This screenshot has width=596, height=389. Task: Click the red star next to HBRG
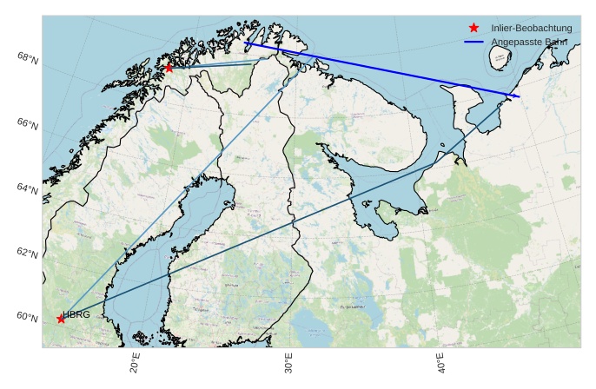pyautogui.click(x=61, y=319)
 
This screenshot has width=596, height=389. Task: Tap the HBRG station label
pyautogui.click(x=76, y=314)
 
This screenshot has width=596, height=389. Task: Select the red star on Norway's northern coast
pyautogui.click(x=169, y=68)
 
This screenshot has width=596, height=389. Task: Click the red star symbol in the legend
pyautogui.click(x=473, y=28)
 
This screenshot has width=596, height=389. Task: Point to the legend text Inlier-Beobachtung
pyautogui.click(x=531, y=28)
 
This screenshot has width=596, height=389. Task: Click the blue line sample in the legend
pyautogui.click(x=473, y=41)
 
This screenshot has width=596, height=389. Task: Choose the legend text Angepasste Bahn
pyautogui.click(x=529, y=41)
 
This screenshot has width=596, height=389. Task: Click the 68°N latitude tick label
pyautogui.click(x=27, y=58)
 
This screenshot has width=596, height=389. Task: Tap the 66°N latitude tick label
pyautogui.click(x=27, y=125)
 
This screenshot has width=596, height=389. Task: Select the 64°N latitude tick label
pyautogui.click(x=27, y=188)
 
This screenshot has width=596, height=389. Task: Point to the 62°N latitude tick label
pyautogui.click(x=27, y=254)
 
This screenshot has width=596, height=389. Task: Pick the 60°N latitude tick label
pyautogui.click(x=27, y=317)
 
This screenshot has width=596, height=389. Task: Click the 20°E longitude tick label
pyautogui.click(x=136, y=364)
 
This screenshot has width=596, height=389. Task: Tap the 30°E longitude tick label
pyautogui.click(x=288, y=364)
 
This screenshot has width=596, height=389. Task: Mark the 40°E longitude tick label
pyautogui.click(x=441, y=364)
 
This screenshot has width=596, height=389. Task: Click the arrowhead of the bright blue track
pyautogui.click(x=518, y=96)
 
